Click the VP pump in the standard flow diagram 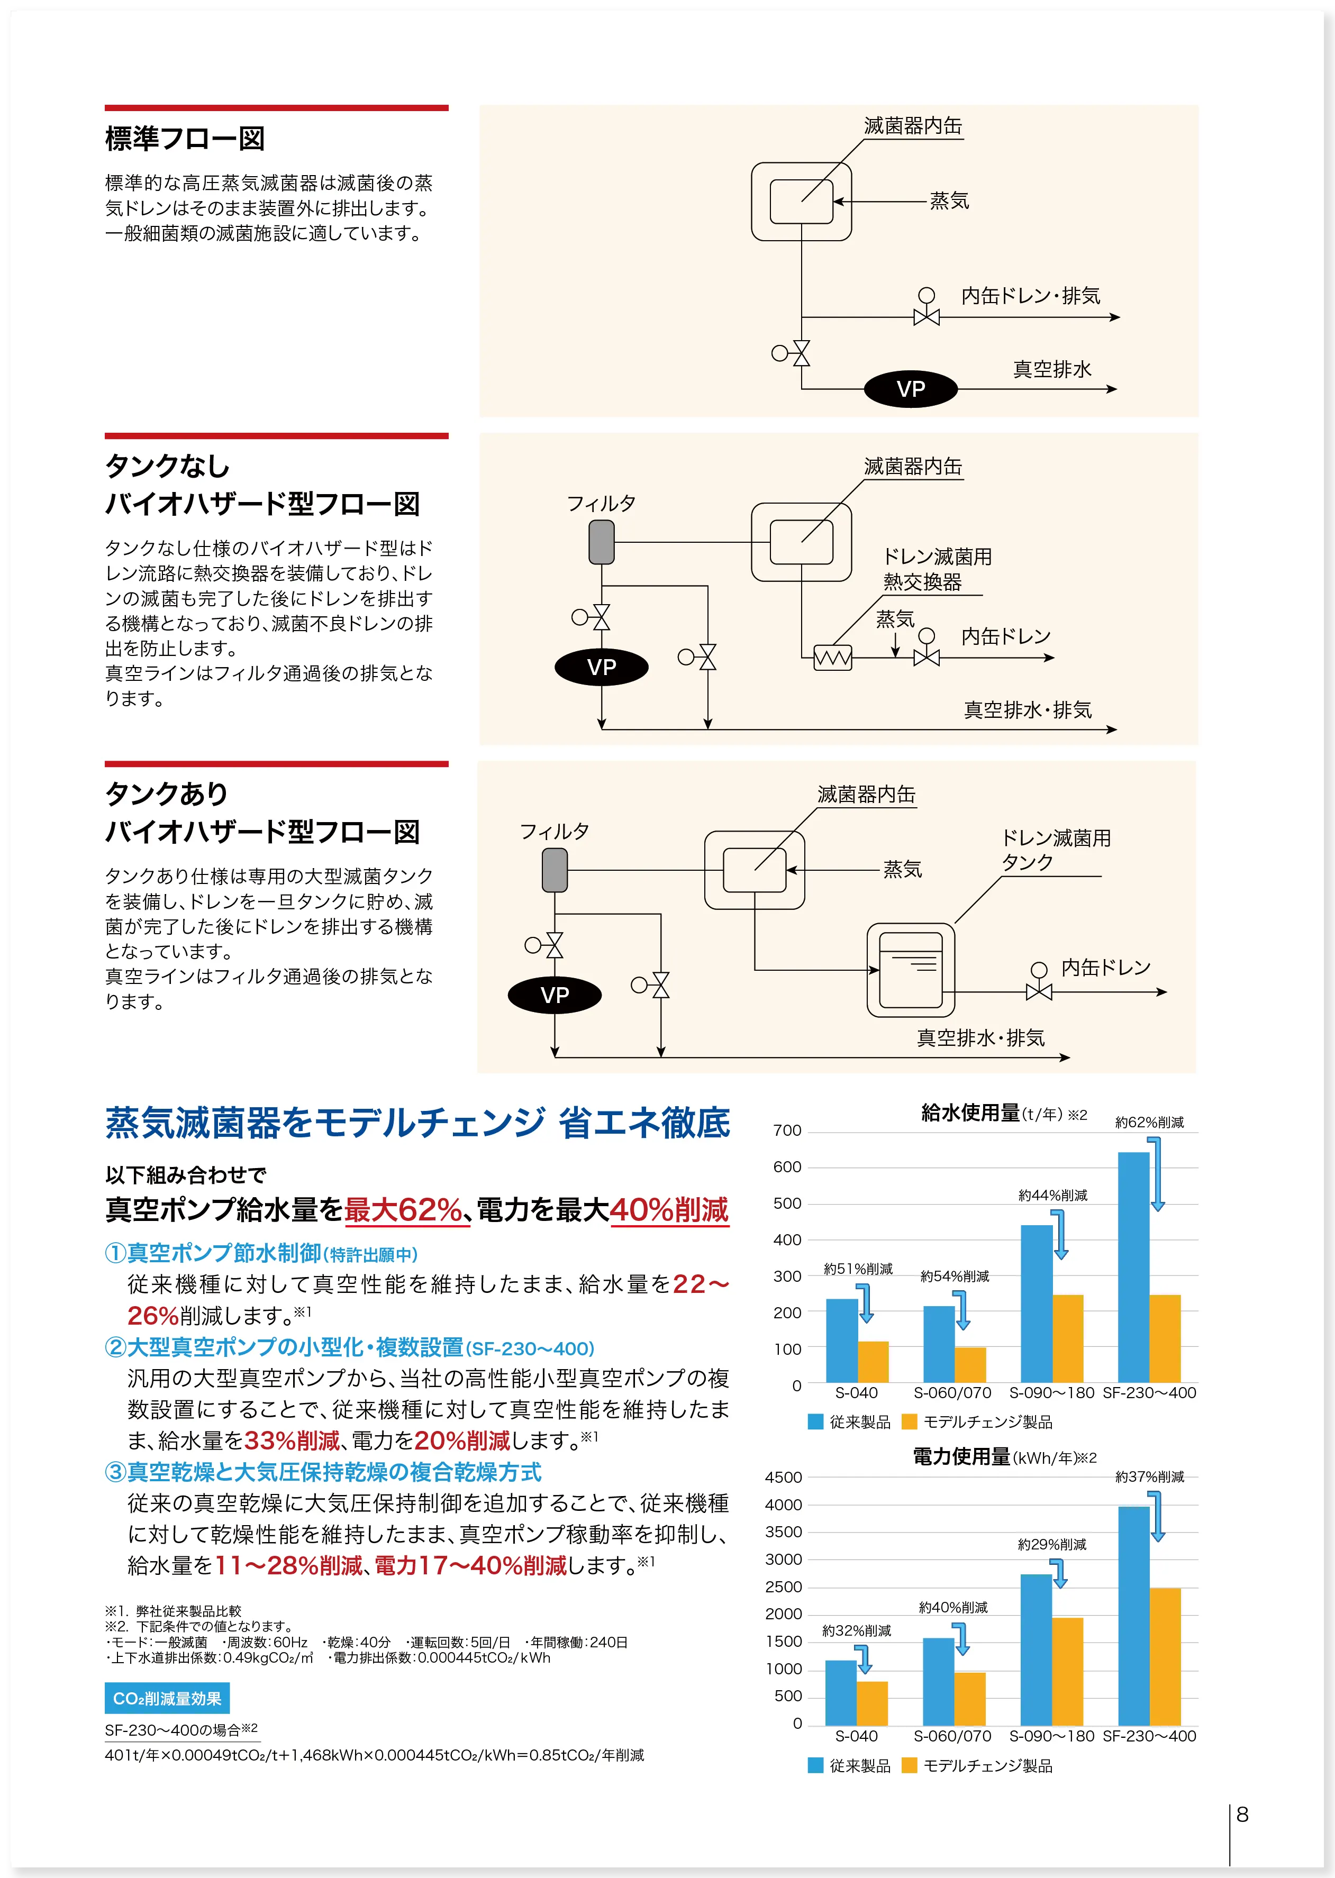coord(910,389)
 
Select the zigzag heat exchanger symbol coord(832,658)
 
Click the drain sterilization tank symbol coord(911,970)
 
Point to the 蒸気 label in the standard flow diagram coord(949,200)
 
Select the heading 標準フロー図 coord(185,138)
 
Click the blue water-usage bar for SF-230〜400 coord(1133,1266)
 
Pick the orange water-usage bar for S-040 coord(873,1361)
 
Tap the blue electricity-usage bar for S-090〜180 coord(1036,1649)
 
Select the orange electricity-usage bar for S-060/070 coord(970,1698)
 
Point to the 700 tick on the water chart coord(787,1131)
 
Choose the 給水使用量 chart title coord(970,1113)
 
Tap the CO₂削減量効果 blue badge coord(167,1699)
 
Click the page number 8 coord(1242,1815)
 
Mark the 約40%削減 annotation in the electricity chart coord(953,1607)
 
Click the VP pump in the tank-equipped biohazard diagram coord(555,995)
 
